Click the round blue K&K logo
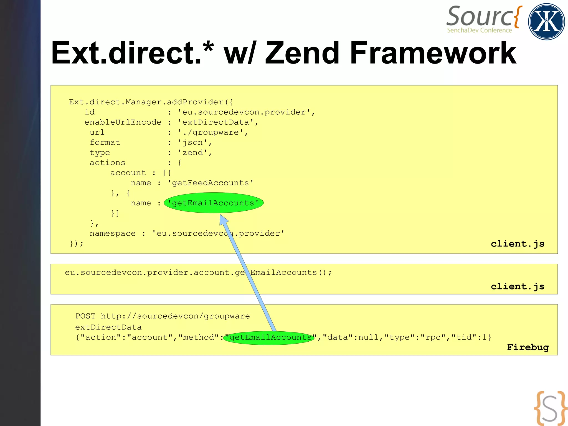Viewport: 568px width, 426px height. [x=546, y=22]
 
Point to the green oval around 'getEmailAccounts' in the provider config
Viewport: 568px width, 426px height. [x=214, y=203]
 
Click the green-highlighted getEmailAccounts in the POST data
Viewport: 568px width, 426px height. [x=269, y=337]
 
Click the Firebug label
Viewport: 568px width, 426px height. [x=528, y=347]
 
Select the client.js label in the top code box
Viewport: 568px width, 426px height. [x=518, y=244]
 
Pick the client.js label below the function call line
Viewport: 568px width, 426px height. [x=518, y=286]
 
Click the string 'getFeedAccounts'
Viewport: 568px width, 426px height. [x=211, y=183]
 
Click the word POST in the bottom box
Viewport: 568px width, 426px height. [x=85, y=316]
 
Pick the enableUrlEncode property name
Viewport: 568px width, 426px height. [x=123, y=122]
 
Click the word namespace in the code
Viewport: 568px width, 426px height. [x=113, y=233]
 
